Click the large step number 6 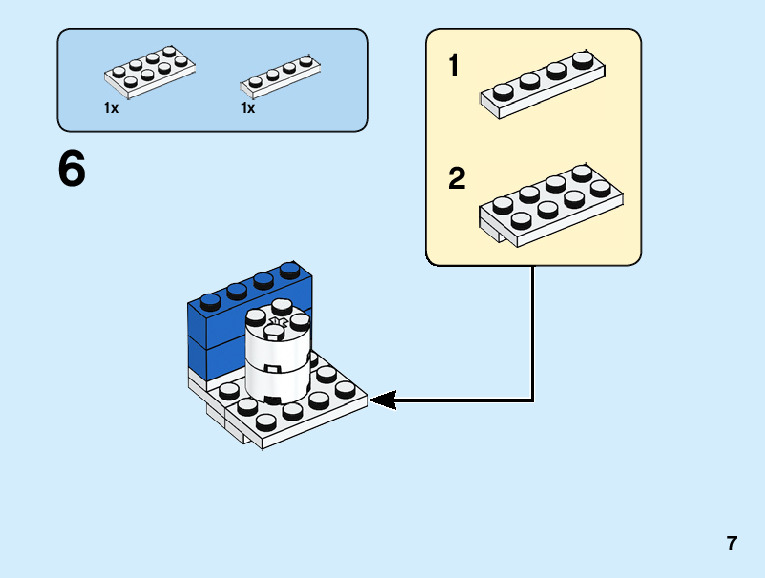[x=72, y=170]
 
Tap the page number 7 [x=732, y=544]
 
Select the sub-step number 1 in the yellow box [x=454, y=67]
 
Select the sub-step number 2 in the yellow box [x=457, y=179]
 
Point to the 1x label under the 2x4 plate [x=111, y=108]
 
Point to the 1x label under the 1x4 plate [x=248, y=108]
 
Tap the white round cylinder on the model [x=277, y=355]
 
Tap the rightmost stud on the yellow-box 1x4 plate [x=583, y=60]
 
